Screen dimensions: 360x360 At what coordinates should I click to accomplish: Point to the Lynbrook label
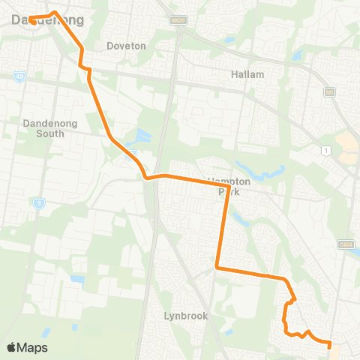point(185,316)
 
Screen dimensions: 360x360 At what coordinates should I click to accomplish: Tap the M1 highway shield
point(328,91)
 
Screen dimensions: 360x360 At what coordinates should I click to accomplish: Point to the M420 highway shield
point(177,19)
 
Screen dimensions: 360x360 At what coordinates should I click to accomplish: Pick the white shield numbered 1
point(325,151)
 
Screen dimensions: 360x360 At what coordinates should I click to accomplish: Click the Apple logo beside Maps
point(11,347)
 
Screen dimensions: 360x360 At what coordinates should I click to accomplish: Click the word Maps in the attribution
point(33,347)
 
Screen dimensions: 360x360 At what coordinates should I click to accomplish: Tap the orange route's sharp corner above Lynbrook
point(216,266)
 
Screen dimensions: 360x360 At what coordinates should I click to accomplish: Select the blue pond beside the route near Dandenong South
point(141,136)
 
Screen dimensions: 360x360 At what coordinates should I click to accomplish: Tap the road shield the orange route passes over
point(132,154)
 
